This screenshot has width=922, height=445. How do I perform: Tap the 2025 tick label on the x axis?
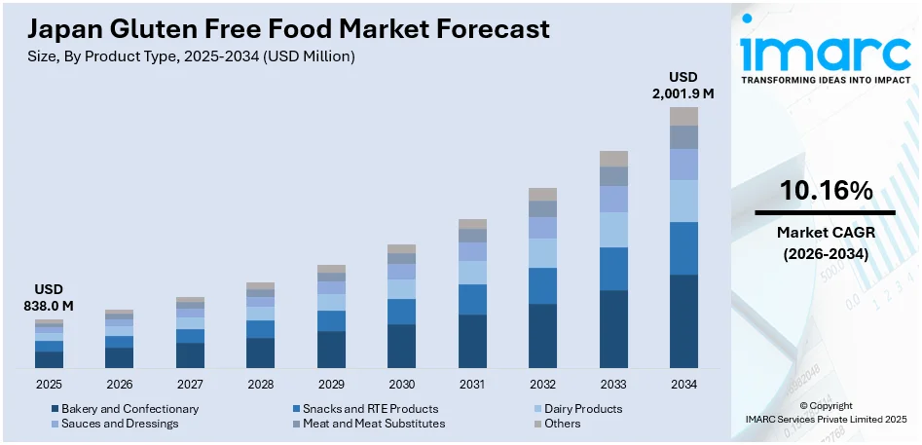pos(49,385)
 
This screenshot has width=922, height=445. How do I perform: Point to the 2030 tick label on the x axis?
pos(401,385)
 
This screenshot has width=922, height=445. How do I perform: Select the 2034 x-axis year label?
pos(683,385)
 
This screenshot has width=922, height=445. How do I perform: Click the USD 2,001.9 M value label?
pos(683,85)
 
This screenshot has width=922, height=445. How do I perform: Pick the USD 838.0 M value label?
pos(49,298)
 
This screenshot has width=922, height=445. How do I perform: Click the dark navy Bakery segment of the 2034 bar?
pos(683,320)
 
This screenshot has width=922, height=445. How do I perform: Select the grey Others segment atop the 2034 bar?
pos(683,116)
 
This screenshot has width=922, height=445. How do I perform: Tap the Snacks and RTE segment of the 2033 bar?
pos(613,269)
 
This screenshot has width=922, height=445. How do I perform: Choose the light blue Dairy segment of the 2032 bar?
pos(542,253)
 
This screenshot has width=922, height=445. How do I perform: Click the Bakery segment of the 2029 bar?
pos(331,349)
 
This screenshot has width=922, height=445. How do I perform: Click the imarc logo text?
pos(826,49)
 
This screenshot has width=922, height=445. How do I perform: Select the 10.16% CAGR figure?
pos(826,192)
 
